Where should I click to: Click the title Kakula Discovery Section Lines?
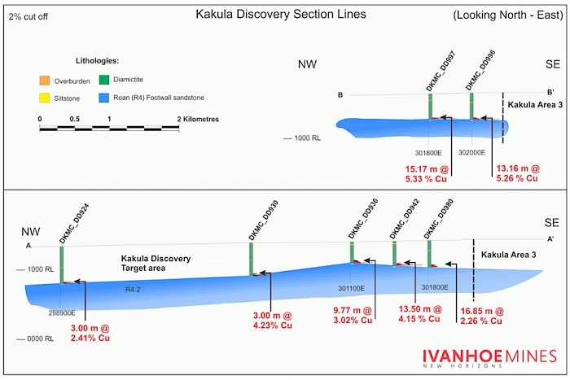click(281, 15)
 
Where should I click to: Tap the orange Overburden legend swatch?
click(45, 80)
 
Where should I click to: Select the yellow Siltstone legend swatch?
click(45, 98)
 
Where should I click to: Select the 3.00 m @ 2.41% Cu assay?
click(90, 333)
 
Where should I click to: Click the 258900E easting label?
click(62, 312)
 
